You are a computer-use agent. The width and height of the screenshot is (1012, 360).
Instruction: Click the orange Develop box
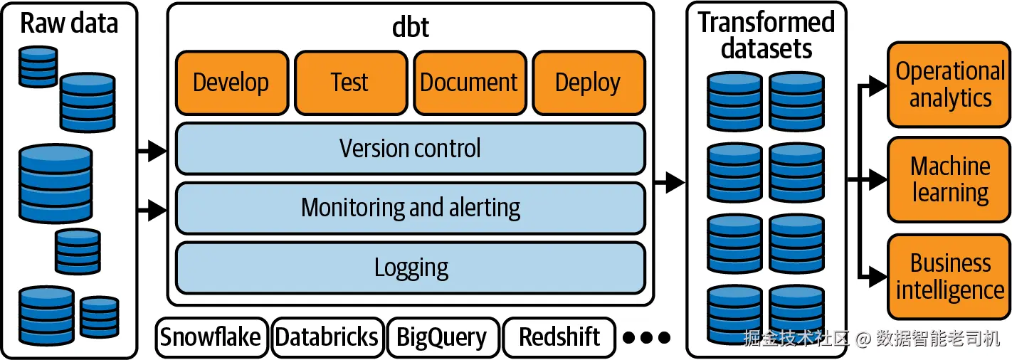(232, 83)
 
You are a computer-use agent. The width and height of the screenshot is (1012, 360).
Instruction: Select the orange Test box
(351, 83)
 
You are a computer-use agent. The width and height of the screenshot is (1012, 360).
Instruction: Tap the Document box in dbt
(470, 83)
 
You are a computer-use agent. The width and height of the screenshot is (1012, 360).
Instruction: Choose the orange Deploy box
(589, 83)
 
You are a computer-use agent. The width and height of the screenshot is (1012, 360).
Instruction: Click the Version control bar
(411, 149)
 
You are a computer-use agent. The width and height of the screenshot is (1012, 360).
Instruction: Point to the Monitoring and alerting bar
(411, 208)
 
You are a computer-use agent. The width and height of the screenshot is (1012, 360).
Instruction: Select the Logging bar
(411, 268)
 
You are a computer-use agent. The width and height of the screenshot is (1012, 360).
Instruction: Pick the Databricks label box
(327, 337)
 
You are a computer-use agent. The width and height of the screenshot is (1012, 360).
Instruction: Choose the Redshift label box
(559, 337)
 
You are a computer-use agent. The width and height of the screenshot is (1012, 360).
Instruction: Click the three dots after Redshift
(646, 337)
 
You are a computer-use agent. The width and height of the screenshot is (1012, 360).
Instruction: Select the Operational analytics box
(949, 85)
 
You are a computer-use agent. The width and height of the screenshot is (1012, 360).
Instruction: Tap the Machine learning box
(949, 180)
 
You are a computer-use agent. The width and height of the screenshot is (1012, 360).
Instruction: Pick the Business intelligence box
(949, 277)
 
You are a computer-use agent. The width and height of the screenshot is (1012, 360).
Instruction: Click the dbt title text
(410, 27)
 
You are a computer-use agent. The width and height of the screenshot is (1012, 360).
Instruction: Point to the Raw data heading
(69, 23)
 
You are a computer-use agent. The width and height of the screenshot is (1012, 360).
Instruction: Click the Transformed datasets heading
(766, 36)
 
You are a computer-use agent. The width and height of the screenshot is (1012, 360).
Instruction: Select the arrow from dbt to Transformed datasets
(670, 182)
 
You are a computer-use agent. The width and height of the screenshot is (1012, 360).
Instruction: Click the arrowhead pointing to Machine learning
(877, 180)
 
